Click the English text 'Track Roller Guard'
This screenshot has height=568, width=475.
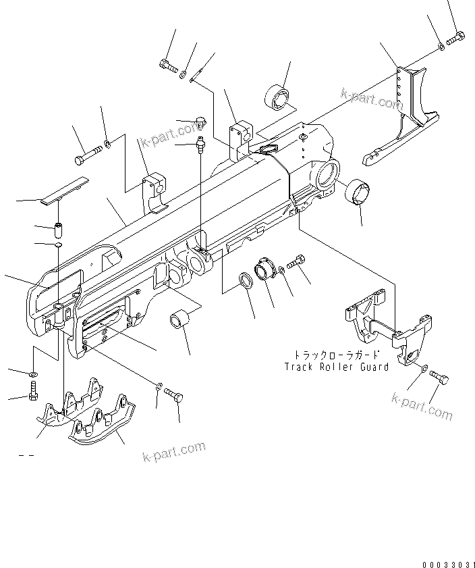(x=336, y=367)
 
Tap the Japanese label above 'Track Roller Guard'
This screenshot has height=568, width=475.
(x=336, y=355)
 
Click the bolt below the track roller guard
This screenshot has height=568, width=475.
(x=439, y=379)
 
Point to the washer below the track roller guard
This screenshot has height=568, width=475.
(x=421, y=369)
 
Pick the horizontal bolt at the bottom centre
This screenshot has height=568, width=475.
(x=175, y=394)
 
